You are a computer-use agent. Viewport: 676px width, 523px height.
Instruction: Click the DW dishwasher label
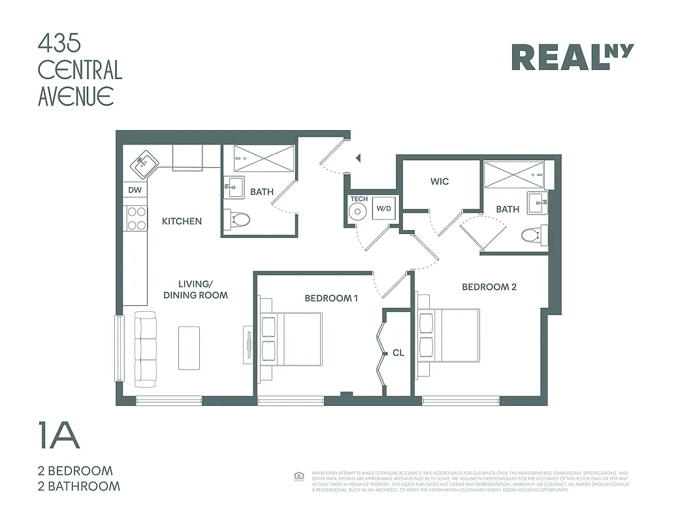point(135,191)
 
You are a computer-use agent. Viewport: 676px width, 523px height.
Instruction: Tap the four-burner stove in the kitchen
point(137,218)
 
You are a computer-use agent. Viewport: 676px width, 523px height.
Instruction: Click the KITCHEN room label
point(182,222)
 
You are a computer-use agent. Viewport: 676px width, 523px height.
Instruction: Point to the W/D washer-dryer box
point(382,209)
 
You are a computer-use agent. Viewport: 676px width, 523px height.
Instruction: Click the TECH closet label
point(359,199)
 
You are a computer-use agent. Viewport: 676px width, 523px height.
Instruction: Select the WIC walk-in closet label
point(440,181)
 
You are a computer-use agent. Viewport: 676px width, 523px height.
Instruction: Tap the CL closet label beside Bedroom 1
point(398,353)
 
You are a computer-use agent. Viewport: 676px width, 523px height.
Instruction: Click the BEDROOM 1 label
point(331,298)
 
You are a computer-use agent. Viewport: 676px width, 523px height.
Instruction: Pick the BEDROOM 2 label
point(489,287)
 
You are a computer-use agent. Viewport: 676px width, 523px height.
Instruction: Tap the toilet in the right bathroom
point(535,233)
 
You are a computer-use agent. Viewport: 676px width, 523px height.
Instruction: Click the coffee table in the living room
point(189,347)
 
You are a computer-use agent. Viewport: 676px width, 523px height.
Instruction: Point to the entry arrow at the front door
point(357,158)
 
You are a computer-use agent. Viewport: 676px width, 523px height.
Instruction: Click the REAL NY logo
point(572,57)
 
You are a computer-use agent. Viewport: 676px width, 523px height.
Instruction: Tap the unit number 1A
point(59,436)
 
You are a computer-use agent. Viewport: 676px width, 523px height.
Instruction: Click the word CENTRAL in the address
point(80,70)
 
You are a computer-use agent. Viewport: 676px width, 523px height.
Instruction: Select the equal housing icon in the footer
point(300,476)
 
